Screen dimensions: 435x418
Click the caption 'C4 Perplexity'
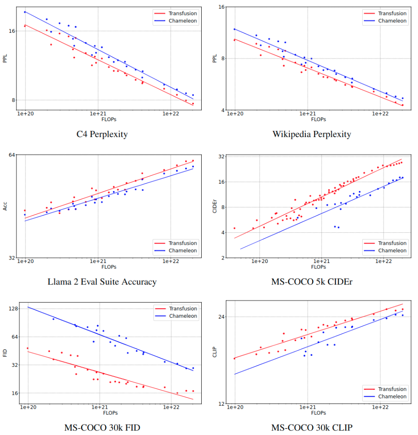(x=102, y=134)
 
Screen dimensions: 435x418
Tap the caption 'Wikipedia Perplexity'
(x=311, y=134)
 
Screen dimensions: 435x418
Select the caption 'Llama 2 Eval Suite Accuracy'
(x=102, y=282)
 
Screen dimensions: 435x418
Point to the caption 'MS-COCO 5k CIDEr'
(x=311, y=282)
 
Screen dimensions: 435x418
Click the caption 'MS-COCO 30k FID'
(x=102, y=428)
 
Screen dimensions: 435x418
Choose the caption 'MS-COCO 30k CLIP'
(x=311, y=428)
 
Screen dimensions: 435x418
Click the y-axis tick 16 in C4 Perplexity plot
(x=12, y=31)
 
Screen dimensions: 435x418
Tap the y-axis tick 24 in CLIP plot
(x=222, y=317)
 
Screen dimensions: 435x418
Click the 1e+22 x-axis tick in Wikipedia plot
(x=380, y=114)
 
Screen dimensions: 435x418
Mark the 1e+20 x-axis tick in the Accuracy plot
(x=25, y=262)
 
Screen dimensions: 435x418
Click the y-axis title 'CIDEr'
(x=215, y=207)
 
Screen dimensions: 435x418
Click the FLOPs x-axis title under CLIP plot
(x=318, y=413)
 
